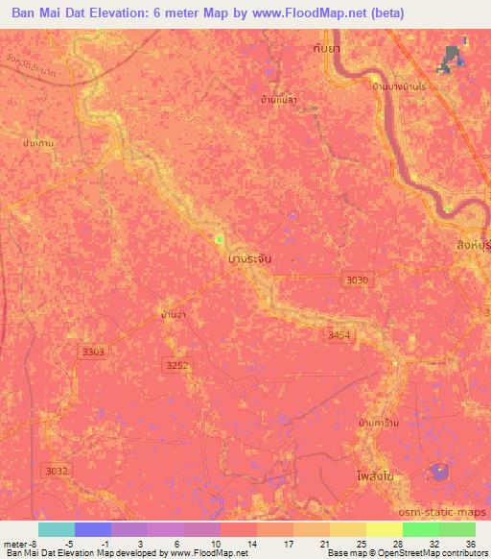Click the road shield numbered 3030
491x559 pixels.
tap(356, 279)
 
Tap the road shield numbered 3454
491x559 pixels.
tap(339, 335)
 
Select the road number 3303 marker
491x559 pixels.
tap(93, 352)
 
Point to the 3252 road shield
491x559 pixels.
tap(177, 365)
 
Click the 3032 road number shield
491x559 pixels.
tap(57, 471)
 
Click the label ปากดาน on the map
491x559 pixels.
tap(36, 142)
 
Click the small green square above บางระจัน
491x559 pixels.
tap(219, 239)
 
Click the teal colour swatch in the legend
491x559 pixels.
tap(56, 529)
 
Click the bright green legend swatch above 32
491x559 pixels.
tap(420, 529)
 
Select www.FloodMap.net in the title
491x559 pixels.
tap(307, 12)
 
